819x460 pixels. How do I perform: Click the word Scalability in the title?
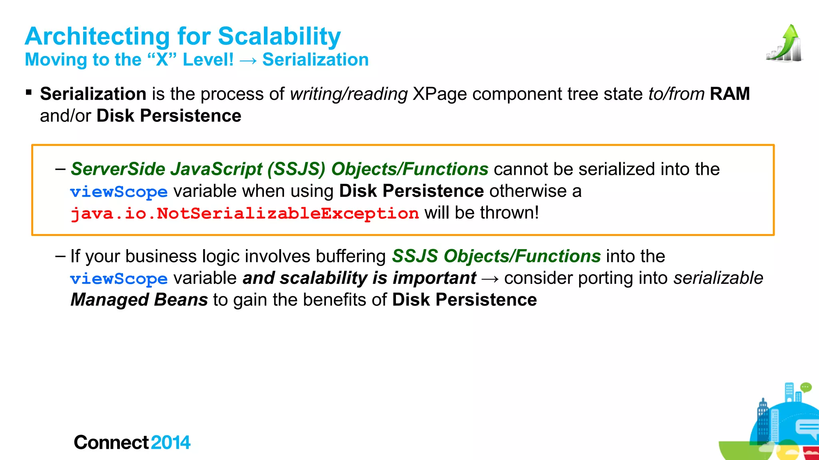[x=279, y=36]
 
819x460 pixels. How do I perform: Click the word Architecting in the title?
[x=97, y=36]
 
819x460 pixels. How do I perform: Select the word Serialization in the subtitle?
[x=315, y=60]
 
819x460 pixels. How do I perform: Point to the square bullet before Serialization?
[x=29, y=93]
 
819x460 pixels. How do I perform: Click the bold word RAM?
[x=730, y=94]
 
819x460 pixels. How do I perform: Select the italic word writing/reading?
[x=349, y=94]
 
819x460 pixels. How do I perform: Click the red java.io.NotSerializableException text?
[x=245, y=213]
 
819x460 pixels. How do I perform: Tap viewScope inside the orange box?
[x=119, y=192]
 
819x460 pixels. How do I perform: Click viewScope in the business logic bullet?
[x=119, y=278]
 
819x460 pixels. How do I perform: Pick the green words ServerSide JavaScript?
[x=166, y=169]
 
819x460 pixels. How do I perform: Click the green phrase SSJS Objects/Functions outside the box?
[x=496, y=256]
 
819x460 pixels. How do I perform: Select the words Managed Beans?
[x=139, y=300]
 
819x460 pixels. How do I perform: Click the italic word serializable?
[x=718, y=278]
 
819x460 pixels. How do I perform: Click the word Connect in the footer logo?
[x=111, y=442]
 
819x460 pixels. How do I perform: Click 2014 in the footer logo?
[x=171, y=442]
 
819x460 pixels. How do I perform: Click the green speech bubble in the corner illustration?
[x=806, y=387]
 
